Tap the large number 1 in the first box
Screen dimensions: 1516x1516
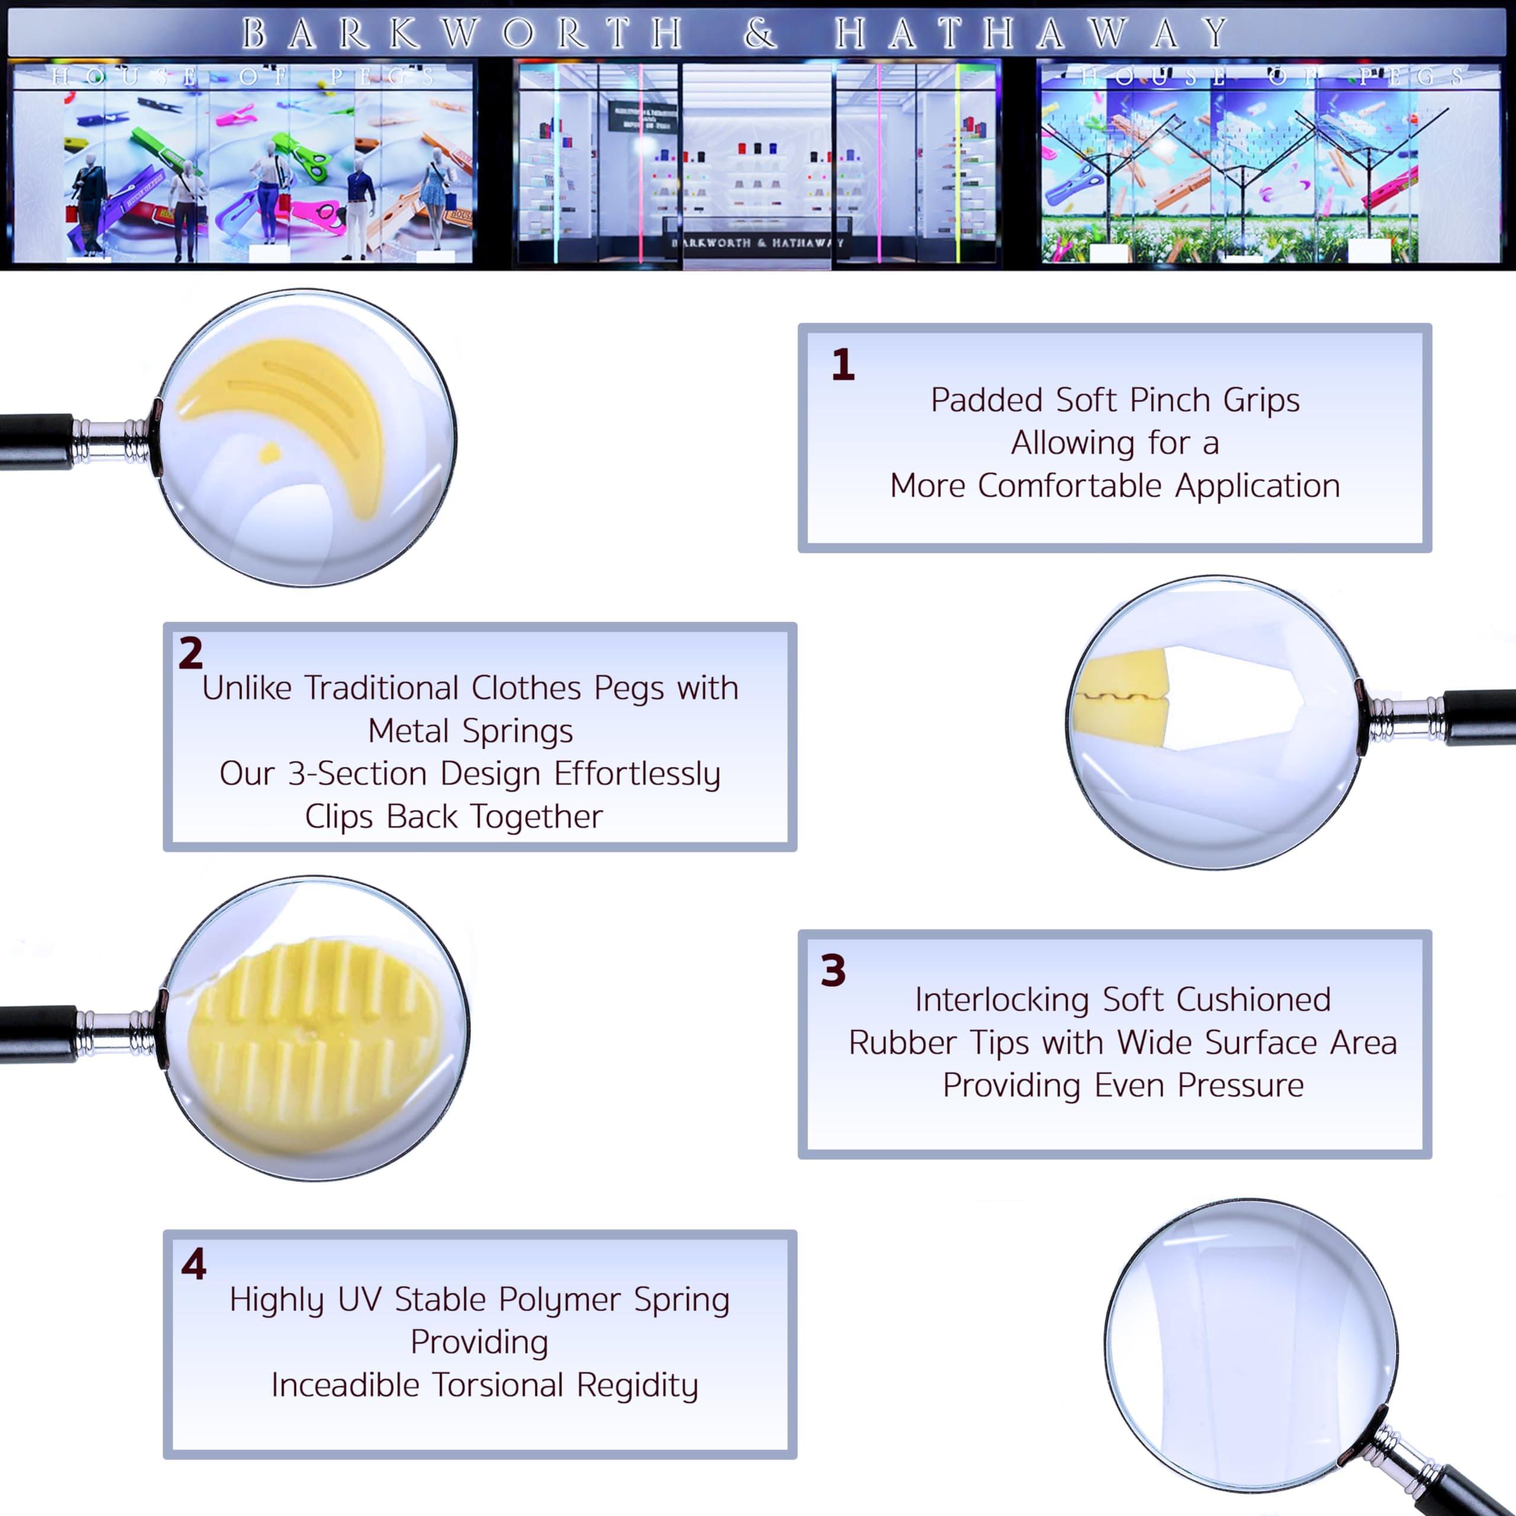tap(843, 365)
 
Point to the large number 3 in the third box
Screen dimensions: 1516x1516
tap(833, 971)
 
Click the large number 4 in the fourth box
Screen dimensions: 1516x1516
tap(193, 1264)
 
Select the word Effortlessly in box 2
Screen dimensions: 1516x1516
tap(637, 775)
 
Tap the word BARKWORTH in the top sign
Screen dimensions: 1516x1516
tap(461, 33)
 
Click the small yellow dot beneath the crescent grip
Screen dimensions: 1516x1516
tap(269, 453)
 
